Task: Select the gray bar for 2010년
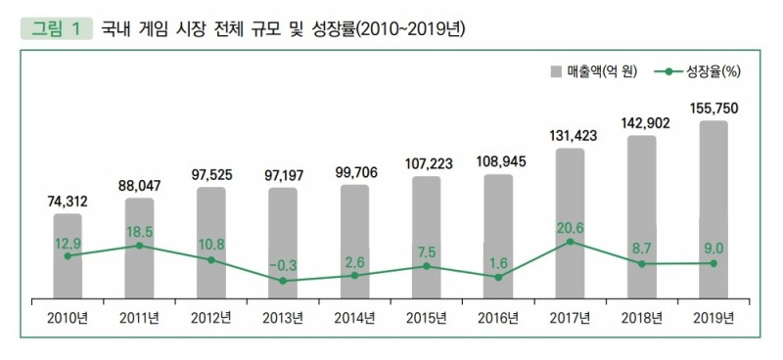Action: pos(68,254)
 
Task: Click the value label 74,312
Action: pos(68,201)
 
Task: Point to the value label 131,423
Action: pos(570,136)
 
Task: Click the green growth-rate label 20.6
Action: pos(570,227)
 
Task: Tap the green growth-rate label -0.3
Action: pos(283,264)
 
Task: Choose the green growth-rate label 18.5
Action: pos(139,229)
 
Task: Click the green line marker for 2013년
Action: pos(283,281)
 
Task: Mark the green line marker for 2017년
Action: pos(570,242)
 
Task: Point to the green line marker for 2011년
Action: pos(139,246)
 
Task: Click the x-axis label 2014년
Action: pos(354,317)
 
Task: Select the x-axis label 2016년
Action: pos(498,317)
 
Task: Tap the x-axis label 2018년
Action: pos(641,317)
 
